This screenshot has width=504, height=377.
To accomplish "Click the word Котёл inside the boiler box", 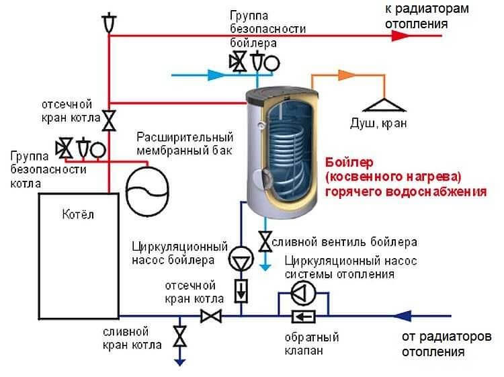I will click(78, 216).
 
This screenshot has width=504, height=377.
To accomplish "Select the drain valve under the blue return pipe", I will click(179, 336).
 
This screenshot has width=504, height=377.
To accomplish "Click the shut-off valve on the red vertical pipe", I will click(108, 120).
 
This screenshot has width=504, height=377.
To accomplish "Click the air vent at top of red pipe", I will click(108, 22).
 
